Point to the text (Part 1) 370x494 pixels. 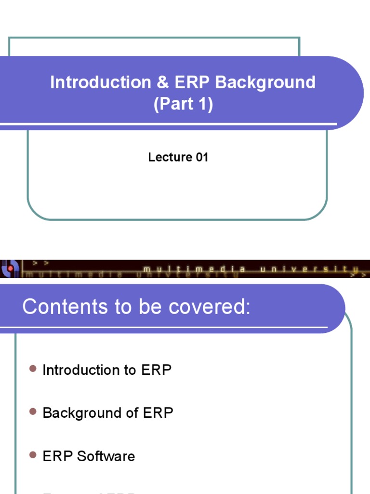click(x=183, y=105)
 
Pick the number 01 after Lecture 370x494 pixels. click(x=201, y=157)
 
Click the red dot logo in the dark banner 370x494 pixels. click(x=9, y=268)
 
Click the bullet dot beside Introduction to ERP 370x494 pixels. click(x=33, y=369)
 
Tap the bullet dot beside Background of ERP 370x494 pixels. click(x=33, y=412)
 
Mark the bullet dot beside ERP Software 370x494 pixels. click(x=33, y=455)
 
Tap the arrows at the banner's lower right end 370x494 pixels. click(x=359, y=274)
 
